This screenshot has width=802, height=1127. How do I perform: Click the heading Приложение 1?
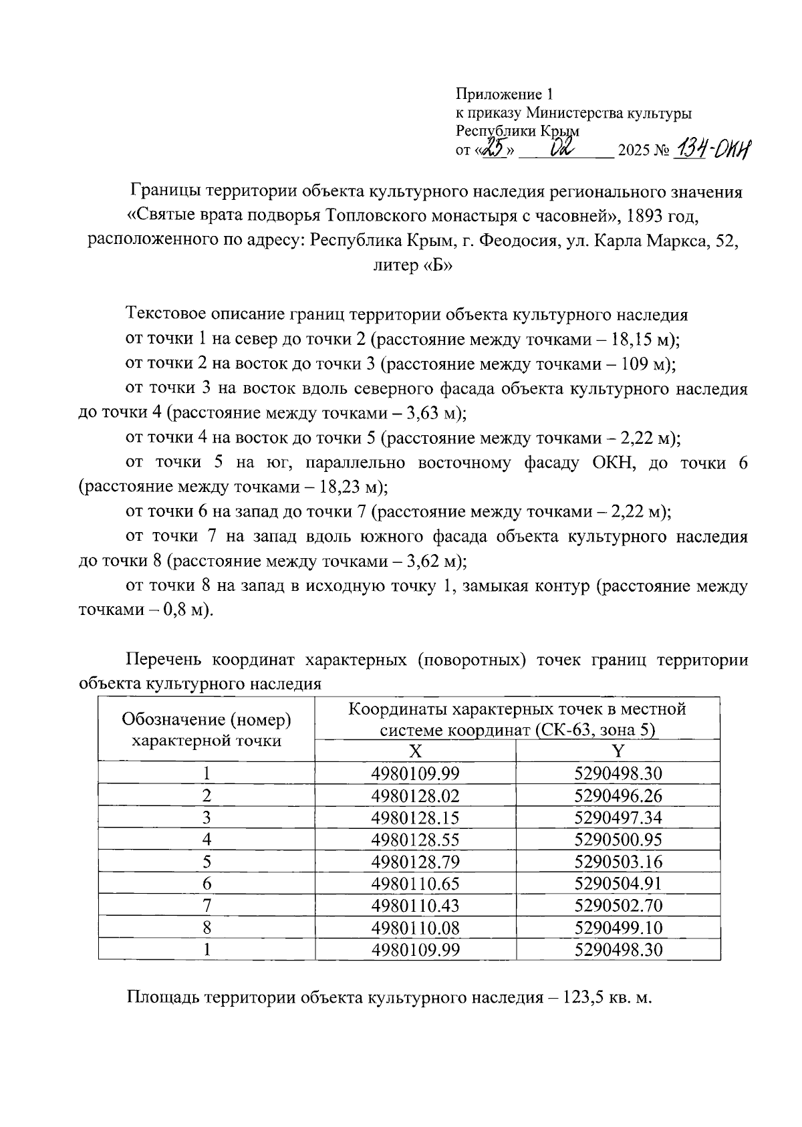[x=505, y=94]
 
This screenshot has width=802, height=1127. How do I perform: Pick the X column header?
[x=415, y=751]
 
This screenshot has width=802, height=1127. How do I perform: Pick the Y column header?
[x=618, y=751]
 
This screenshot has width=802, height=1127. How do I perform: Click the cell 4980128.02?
[x=415, y=795]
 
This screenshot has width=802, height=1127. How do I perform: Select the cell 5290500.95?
[x=618, y=840]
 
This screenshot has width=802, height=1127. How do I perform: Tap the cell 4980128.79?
[x=415, y=862]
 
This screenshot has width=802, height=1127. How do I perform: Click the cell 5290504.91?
[x=618, y=884]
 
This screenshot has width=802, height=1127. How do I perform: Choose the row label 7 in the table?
[x=207, y=906]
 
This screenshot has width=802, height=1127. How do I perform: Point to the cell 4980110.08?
[x=415, y=928]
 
